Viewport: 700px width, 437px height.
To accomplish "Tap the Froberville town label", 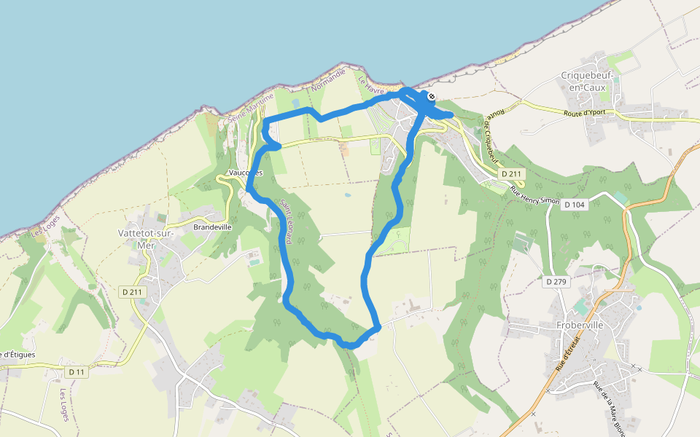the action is [577, 325].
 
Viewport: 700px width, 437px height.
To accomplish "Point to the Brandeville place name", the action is [212, 227].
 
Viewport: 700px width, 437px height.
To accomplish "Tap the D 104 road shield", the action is [575, 205].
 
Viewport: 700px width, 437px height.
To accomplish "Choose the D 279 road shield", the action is [556, 280].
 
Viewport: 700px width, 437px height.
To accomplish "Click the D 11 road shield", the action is [77, 372].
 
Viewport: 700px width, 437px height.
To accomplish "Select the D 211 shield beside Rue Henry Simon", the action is [513, 174].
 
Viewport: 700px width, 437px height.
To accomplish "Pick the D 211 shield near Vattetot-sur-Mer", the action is [133, 291].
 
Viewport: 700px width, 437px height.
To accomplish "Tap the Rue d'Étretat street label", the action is [567, 354].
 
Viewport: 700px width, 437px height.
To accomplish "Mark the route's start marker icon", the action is [432, 96].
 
